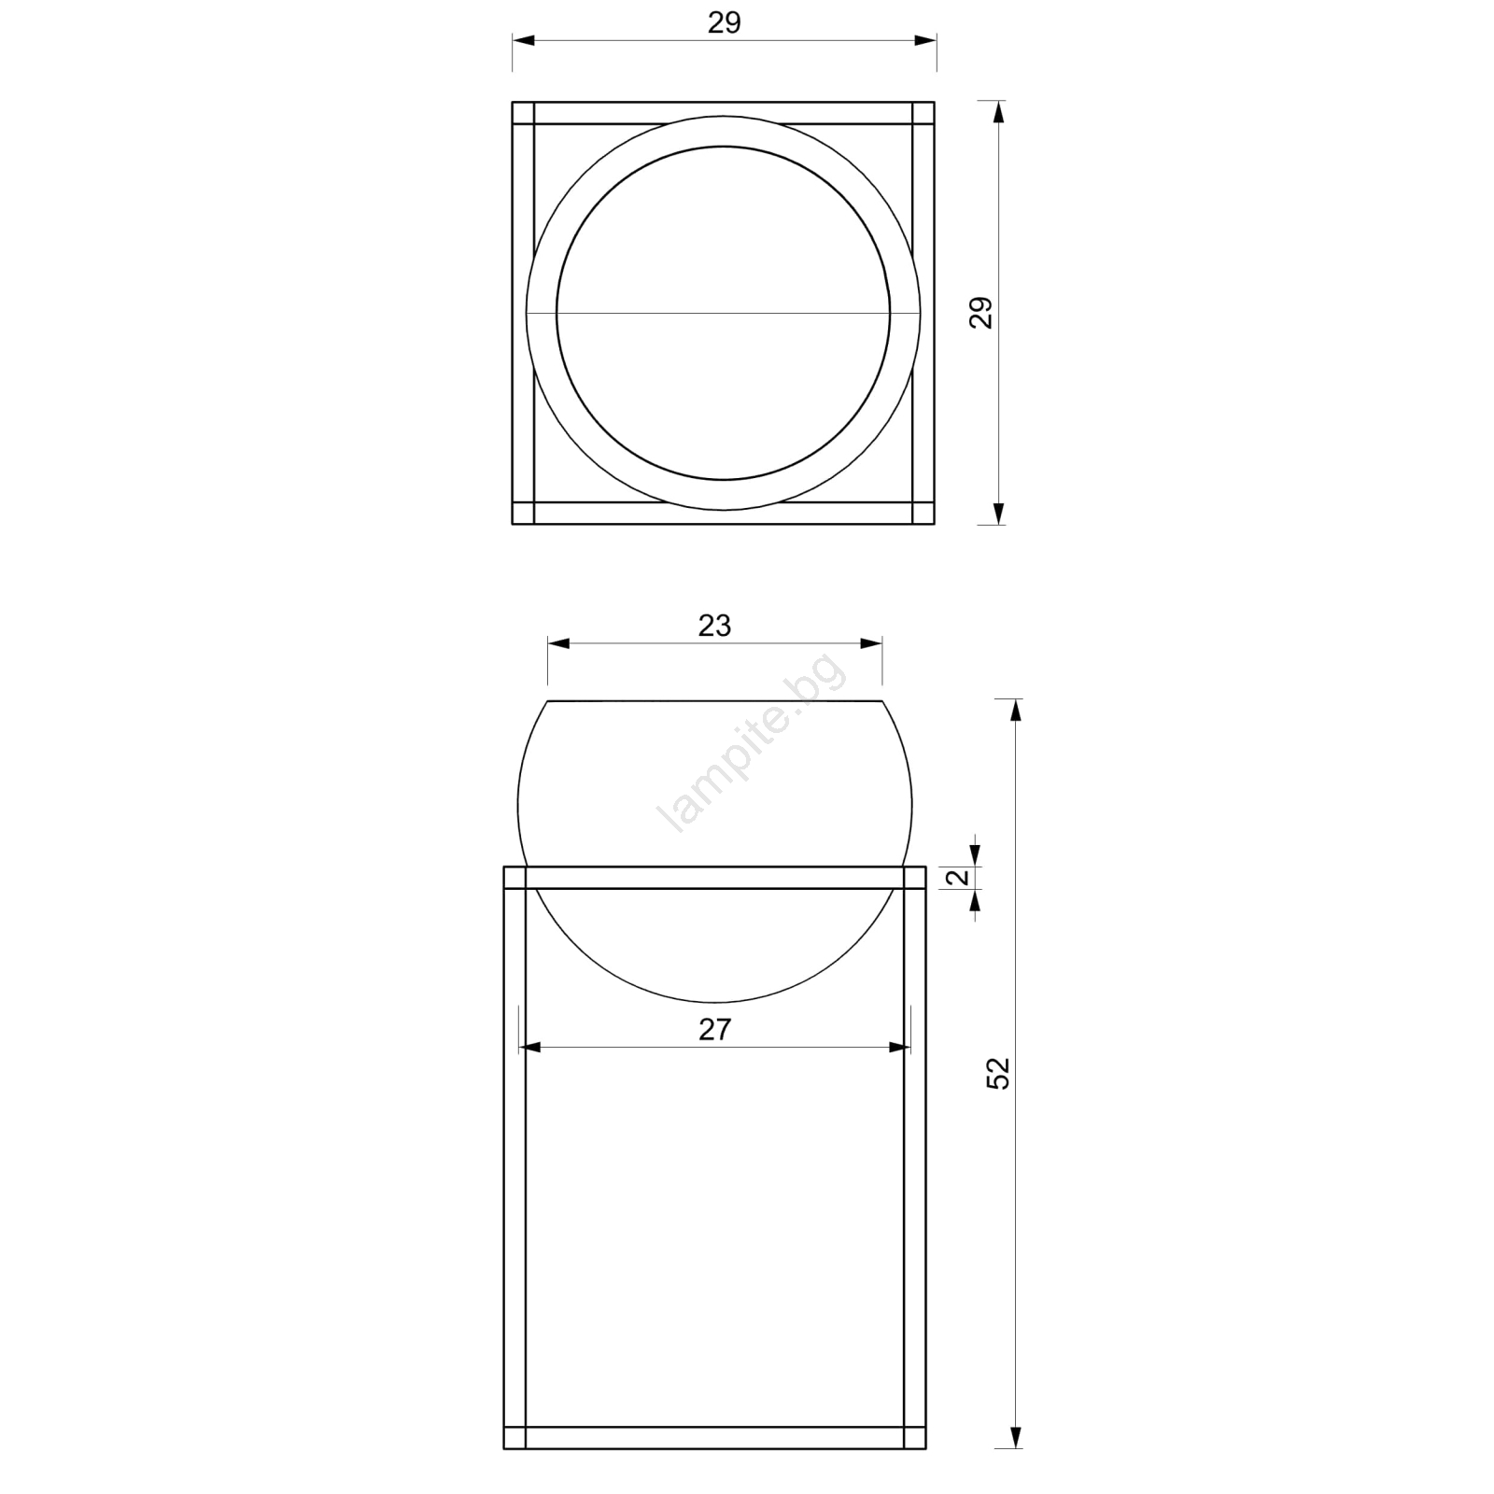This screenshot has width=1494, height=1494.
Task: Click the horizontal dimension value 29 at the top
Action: pos(724,22)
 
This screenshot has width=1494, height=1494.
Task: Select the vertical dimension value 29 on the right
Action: pos(980,313)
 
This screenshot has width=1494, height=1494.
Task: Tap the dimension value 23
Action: pos(714,626)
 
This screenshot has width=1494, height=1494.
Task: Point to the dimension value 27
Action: pos(714,1029)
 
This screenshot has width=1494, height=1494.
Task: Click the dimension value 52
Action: pos(998,1073)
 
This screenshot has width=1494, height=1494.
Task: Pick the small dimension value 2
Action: pos(958,877)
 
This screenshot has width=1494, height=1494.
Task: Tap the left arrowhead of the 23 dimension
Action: pos(558,643)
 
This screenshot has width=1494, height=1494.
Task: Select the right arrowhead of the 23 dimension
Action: pos(871,643)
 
